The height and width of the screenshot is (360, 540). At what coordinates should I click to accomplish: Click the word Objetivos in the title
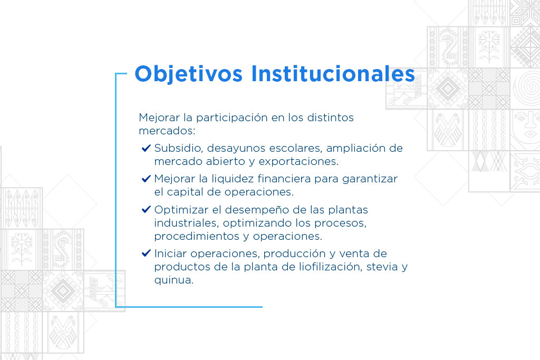[x=189, y=74]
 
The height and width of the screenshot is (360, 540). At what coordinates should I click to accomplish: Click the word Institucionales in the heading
[x=333, y=73]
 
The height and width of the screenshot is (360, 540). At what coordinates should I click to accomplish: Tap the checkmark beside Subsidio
[x=146, y=148]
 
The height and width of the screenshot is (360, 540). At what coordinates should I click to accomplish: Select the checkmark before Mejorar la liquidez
[x=146, y=179]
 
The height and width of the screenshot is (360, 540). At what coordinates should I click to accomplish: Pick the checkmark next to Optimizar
[x=146, y=209]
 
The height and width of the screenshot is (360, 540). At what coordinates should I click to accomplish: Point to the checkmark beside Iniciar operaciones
[x=146, y=254]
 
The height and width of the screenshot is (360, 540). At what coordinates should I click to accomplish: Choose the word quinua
[x=173, y=280]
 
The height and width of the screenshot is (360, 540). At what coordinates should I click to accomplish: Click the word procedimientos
[x=201, y=237]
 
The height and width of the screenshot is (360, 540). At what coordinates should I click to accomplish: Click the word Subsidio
[x=179, y=148]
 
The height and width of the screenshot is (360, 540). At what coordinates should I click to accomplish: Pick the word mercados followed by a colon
[x=167, y=131]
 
